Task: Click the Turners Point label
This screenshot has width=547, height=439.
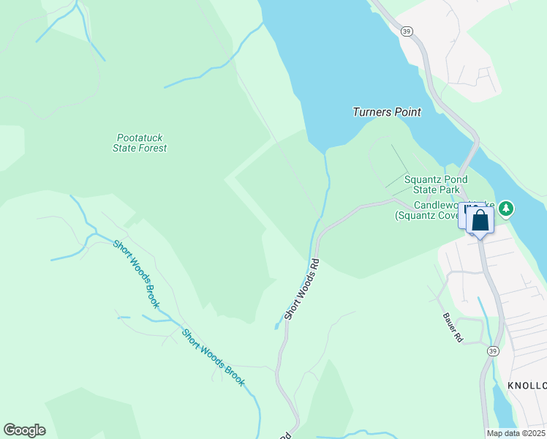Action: click(387, 112)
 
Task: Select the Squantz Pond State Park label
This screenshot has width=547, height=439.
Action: click(436, 184)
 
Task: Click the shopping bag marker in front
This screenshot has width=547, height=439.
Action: click(480, 222)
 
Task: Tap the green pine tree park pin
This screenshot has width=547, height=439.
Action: click(506, 209)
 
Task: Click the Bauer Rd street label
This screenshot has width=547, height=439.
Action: click(453, 329)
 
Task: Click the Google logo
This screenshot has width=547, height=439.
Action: click(24, 430)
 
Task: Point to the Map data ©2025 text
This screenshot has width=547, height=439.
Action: click(516, 433)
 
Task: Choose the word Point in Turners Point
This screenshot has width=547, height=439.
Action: click(407, 112)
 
